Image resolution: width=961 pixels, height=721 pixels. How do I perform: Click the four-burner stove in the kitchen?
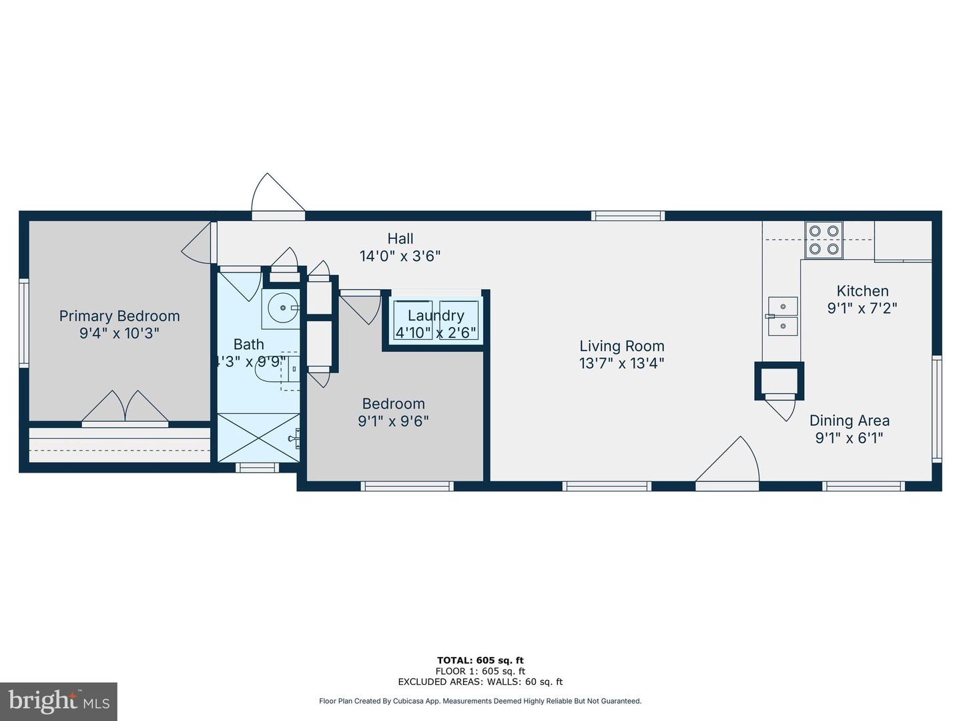point(824,240)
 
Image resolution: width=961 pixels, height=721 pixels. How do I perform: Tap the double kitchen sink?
point(783,316)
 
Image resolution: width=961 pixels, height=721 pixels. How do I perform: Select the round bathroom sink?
point(283,308)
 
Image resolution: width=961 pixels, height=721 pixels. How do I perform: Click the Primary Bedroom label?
point(119,316)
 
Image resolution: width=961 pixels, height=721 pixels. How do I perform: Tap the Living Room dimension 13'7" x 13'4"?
point(622,363)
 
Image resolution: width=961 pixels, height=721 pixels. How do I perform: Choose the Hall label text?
point(400,238)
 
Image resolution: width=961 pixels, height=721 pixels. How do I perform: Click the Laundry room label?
point(436,315)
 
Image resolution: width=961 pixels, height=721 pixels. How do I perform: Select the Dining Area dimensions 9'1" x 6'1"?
point(849,438)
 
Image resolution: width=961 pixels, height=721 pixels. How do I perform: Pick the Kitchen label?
point(862,290)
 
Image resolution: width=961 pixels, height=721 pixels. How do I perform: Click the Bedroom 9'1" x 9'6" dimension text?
point(393,421)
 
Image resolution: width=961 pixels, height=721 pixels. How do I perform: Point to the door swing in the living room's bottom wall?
point(727,460)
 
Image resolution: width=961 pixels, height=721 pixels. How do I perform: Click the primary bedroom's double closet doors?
point(125,406)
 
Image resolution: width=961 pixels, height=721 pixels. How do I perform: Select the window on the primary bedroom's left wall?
point(23,322)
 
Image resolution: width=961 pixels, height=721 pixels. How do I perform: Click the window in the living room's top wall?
point(628,216)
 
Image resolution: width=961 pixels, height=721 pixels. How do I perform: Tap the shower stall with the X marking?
point(258,437)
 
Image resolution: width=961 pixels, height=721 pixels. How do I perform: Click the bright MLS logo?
point(58,701)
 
